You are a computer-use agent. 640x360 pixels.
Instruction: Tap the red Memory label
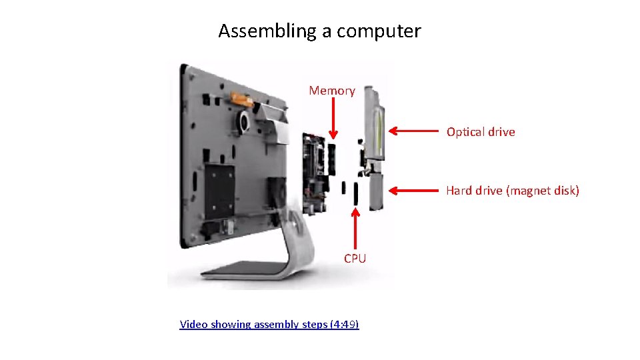332,91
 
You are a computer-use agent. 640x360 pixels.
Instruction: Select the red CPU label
355,259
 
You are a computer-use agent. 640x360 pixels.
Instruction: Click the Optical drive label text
481,132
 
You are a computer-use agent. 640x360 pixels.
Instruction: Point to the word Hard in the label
459,191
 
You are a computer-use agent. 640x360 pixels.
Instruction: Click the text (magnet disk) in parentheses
543,191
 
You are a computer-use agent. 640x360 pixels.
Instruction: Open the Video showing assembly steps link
269,325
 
